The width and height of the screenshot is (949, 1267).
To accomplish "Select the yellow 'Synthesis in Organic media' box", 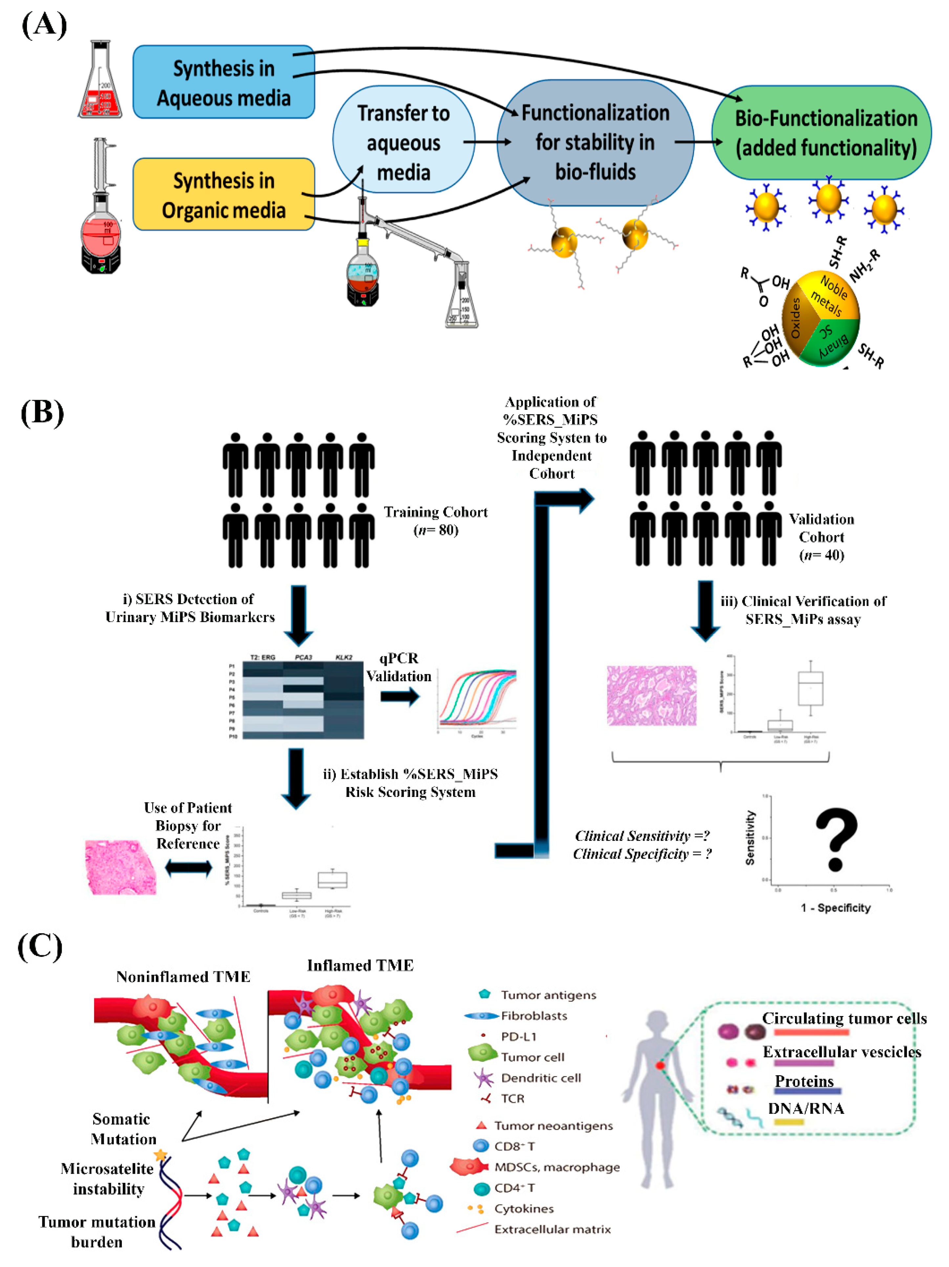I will pyautogui.click(x=223, y=195).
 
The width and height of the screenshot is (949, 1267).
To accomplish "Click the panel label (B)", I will pyautogui.click(x=42, y=412).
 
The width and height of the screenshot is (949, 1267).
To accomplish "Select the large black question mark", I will pyautogui.click(x=836, y=839).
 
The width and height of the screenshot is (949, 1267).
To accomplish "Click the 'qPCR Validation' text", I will pyautogui.click(x=399, y=667).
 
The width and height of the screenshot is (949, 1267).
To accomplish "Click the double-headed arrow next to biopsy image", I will pyautogui.click(x=188, y=868).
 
